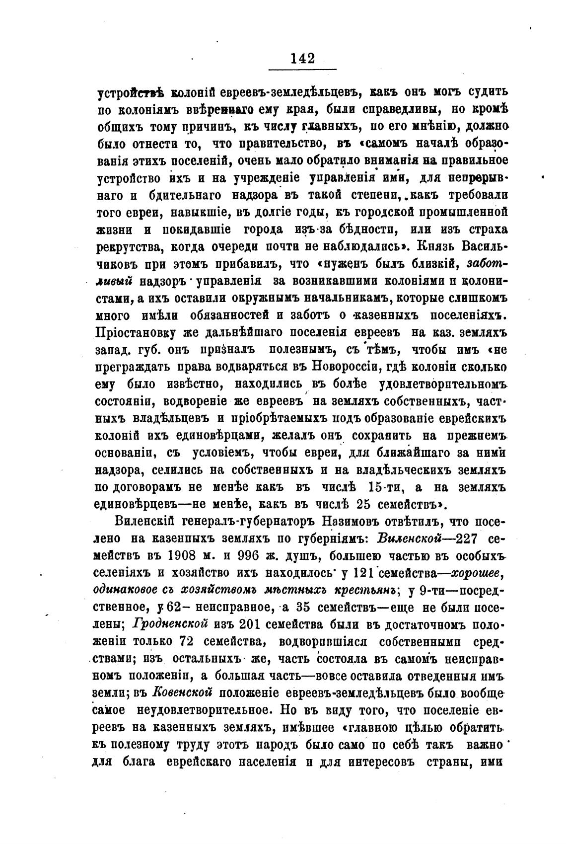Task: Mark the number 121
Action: pos(364,573)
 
